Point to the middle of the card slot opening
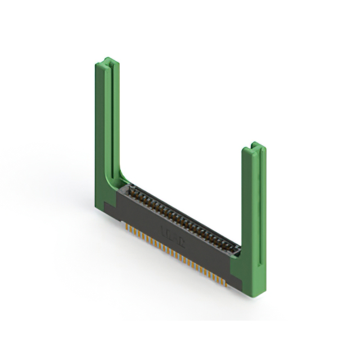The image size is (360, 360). pos(183,219)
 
